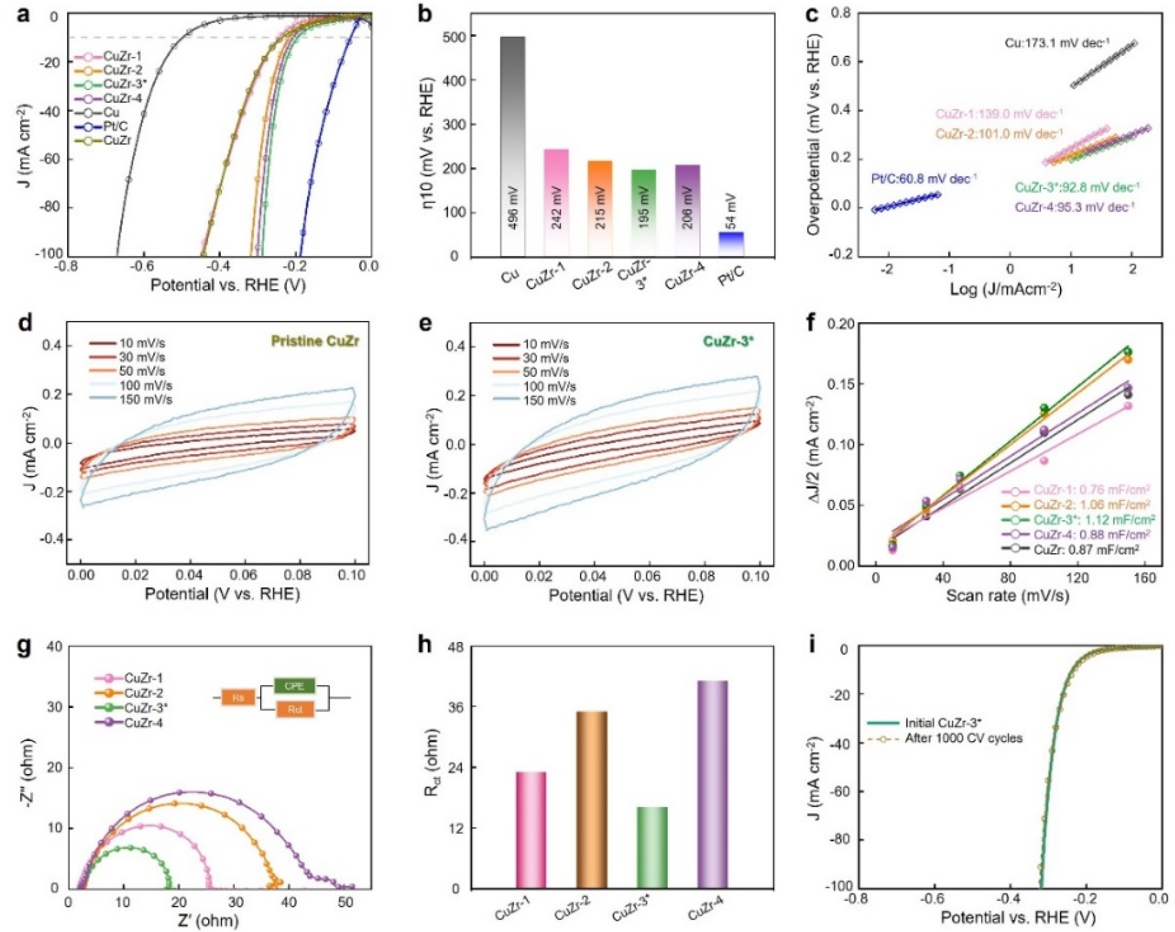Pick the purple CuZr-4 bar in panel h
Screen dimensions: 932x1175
712,784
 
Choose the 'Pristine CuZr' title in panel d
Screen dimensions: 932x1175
316,342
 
